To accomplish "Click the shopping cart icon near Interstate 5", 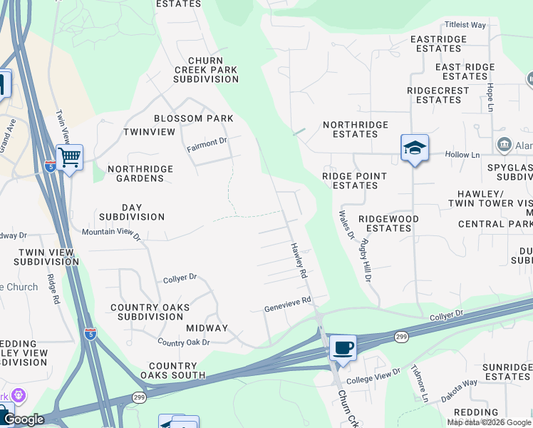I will (70, 156).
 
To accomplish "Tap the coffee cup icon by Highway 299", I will (343, 348).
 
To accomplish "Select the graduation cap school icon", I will (414, 148).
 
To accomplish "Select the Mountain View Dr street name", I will (111, 233).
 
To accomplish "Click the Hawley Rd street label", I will (299, 260).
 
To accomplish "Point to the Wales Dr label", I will (346, 225).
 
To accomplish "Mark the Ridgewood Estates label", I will (388, 223).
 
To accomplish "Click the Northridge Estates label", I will (356, 129).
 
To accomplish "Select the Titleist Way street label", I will (465, 25).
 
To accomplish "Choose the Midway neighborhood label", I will (207, 328).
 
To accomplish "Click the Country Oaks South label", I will (172, 370).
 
